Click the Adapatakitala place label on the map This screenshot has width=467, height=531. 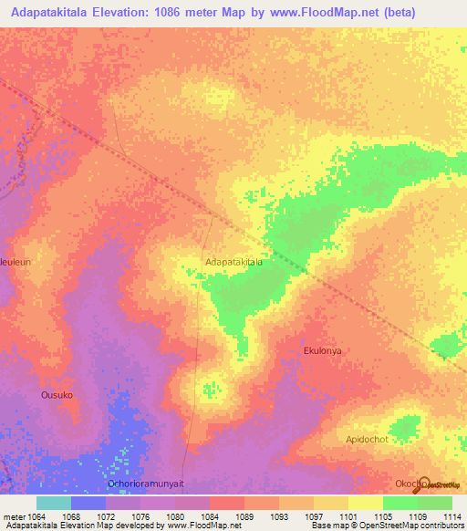234,262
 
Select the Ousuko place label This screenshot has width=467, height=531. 57,395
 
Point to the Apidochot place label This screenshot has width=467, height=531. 368,439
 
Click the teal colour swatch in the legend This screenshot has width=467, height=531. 53,503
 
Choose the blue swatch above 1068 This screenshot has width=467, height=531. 88,503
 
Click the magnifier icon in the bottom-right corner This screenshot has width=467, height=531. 425,483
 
